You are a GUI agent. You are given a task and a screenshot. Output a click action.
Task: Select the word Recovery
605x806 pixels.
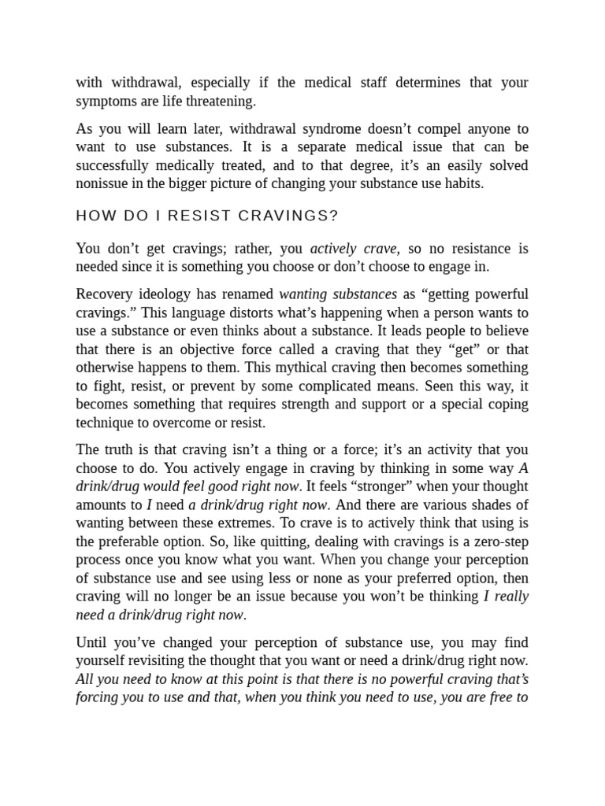coord(102,294)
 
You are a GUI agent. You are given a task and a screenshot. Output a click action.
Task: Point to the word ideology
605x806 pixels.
coord(167,294)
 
